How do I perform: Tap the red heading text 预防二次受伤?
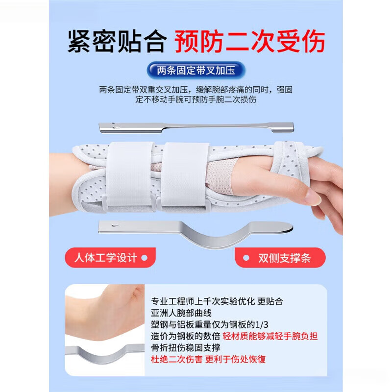pyautogui.click(x=250, y=41)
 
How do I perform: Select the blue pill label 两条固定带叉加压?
pyautogui.click(x=196, y=70)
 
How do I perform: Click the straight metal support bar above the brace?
pyautogui.click(x=196, y=127)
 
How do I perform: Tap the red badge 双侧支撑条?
pyautogui.click(x=280, y=257)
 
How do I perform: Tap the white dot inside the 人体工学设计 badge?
pyautogui.click(x=144, y=257)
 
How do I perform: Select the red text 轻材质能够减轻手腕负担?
pyautogui.click(x=269, y=336)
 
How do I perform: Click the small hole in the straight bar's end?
pyautogui.click(x=116, y=127)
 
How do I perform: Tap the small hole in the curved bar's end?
pyautogui.click(x=114, y=226)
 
